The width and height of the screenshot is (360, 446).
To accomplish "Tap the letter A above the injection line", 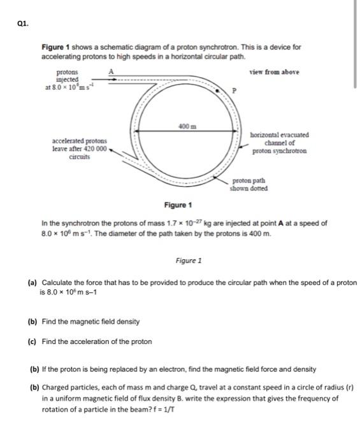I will tap(112, 72).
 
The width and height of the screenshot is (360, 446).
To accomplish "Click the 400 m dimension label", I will tap(185, 126).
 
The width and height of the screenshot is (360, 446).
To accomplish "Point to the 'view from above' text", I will tap(274, 72).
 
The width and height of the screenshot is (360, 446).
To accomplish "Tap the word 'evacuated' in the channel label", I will tap(294, 135).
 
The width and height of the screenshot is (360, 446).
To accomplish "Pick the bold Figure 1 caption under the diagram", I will tap(178, 205).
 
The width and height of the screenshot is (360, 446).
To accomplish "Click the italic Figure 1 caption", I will tap(189, 261).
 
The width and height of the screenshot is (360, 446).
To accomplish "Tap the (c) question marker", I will tap(32, 342).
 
